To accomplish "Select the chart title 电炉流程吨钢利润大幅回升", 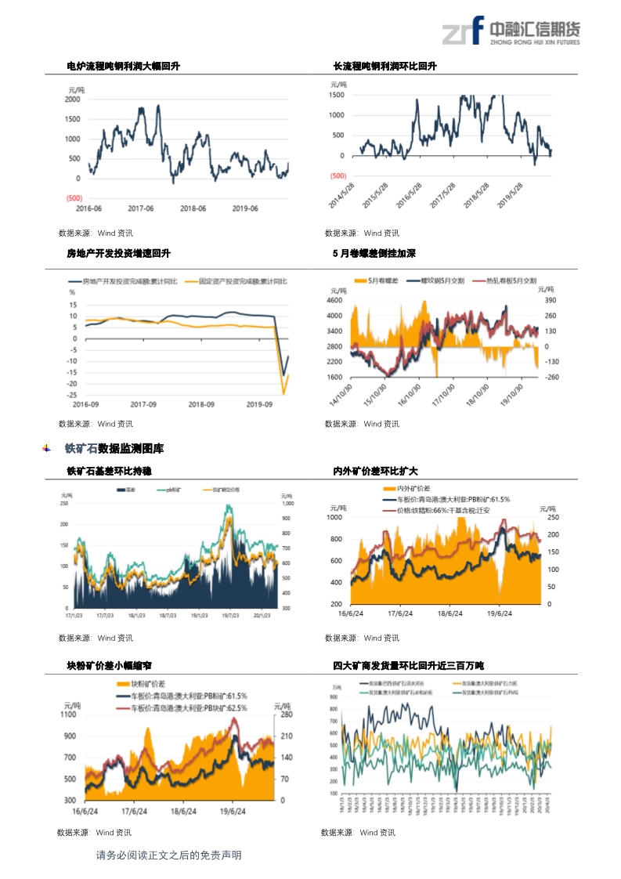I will (123, 67).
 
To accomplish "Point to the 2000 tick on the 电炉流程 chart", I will (72, 99).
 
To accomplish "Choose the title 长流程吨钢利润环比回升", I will (385, 67).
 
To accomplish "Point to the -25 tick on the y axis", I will (72, 395).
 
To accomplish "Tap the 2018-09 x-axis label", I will (201, 405).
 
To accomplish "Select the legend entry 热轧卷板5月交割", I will (511, 280).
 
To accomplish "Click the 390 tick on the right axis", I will (550, 300).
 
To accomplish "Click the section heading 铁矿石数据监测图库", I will (114, 449).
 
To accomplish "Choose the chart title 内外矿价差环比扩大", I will (375, 472).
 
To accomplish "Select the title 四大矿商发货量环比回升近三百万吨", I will (408, 666).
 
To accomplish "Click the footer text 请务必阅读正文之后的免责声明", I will (168, 855).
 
